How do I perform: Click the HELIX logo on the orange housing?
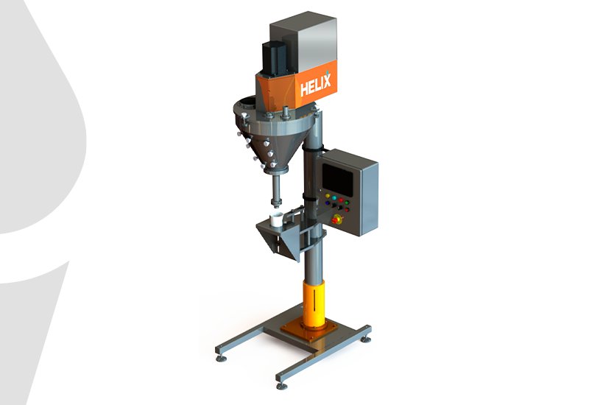[x=316, y=85]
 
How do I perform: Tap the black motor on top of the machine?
[x=274, y=57]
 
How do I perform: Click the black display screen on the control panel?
[x=338, y=180]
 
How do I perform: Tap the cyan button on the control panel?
[x=334, y=198]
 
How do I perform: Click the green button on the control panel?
[x=347, y=203]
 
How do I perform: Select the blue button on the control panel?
[x=327, y=203]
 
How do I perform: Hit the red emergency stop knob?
[x=336, y=219]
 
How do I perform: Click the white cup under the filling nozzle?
[x=277, y=220]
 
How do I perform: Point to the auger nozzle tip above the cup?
[x=277, y=204]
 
